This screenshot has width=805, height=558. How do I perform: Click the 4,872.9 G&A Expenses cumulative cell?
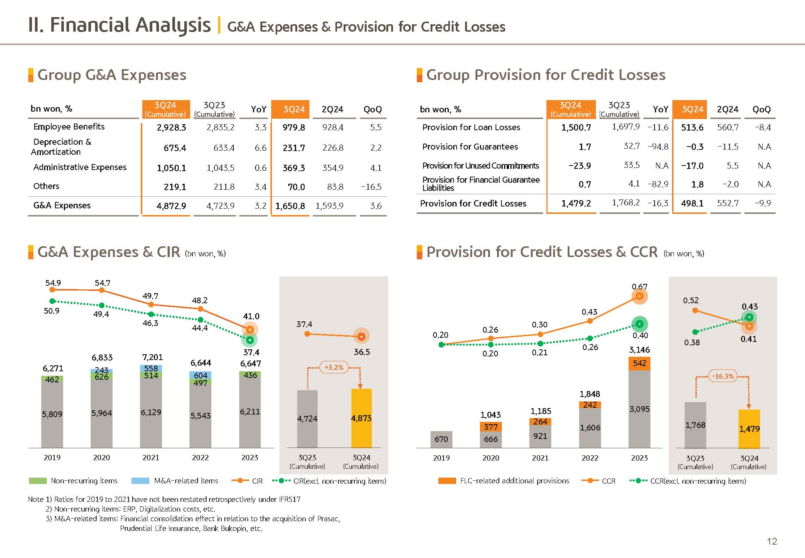tap(171, 206)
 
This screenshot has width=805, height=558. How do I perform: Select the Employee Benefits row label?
tap(69, 127)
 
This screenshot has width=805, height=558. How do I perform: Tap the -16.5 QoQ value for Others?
tap(371, 187)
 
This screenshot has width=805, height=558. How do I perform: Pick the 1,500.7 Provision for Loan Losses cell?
tap(576, 128)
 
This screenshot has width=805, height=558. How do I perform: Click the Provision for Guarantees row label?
tap(470, 147)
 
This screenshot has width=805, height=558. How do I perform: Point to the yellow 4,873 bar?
tap(361, 418)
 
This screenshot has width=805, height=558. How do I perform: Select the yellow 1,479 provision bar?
tap(749, 429)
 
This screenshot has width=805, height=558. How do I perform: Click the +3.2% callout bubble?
tap(334, 368)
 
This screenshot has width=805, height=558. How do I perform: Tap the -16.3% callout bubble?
tap(723, 376)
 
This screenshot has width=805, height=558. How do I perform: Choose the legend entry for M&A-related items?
tap(186, 481)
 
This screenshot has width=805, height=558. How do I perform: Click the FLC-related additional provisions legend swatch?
tap(447, 481)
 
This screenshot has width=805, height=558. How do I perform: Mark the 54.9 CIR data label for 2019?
tap(53, 283)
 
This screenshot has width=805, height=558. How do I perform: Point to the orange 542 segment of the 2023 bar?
tap(639, 363)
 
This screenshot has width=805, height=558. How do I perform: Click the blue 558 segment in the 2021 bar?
tap(151, 368)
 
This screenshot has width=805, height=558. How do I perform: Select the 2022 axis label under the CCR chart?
tap(590, 458)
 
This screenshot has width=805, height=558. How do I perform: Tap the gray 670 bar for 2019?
tap(441, 439)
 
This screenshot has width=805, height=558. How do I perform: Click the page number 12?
tap(772, 541)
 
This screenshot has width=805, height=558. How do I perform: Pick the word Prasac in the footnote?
tap(328, 519)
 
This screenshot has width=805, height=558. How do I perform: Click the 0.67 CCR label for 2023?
tap(639, 287)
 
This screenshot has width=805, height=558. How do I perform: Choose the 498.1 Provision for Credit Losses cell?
tap(692, 203)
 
